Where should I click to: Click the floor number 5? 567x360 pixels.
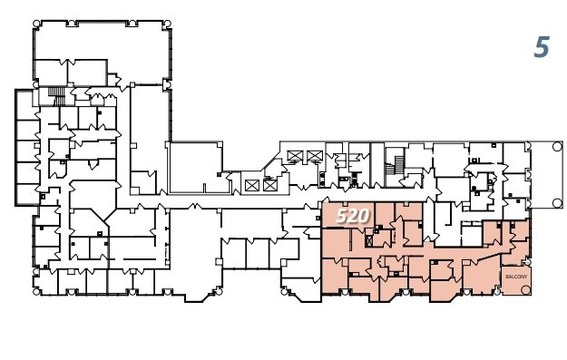pos(542,47)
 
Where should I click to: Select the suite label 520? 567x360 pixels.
pos(352,216)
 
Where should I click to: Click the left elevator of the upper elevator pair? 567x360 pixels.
pos(294,156)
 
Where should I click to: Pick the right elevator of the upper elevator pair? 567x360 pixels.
pos(315,156)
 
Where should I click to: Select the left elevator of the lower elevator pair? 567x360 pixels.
pos(252,185)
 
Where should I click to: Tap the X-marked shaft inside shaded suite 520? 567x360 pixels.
pos(370,240)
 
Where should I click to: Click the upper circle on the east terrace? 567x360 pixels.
pos(557,145)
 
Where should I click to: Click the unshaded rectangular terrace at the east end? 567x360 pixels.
pos(545,173)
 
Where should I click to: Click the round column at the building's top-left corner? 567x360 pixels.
pos(36,24)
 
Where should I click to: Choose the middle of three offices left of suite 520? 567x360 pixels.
pos(258,253)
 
